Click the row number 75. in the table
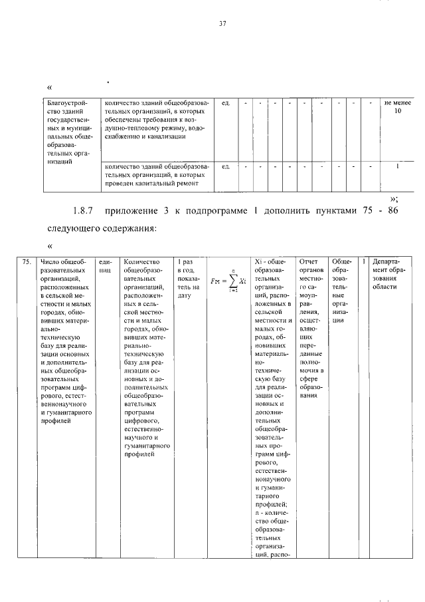pos(26,262)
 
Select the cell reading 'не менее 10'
pos(398,108)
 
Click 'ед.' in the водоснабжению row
pos(226,103)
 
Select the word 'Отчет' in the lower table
pos(310,261)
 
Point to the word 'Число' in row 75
pos(51,261)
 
